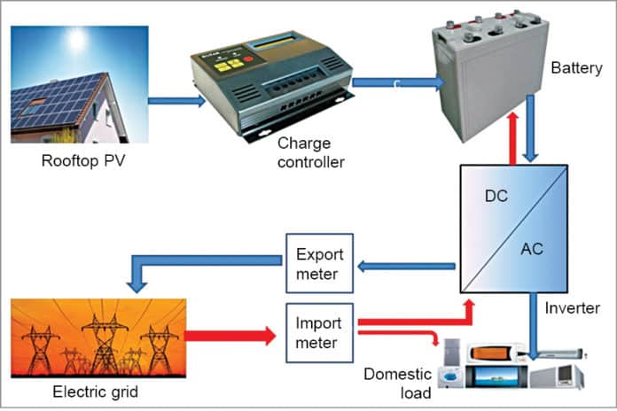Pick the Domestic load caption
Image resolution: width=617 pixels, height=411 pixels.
396,382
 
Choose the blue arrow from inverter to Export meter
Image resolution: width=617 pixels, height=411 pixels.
403,265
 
